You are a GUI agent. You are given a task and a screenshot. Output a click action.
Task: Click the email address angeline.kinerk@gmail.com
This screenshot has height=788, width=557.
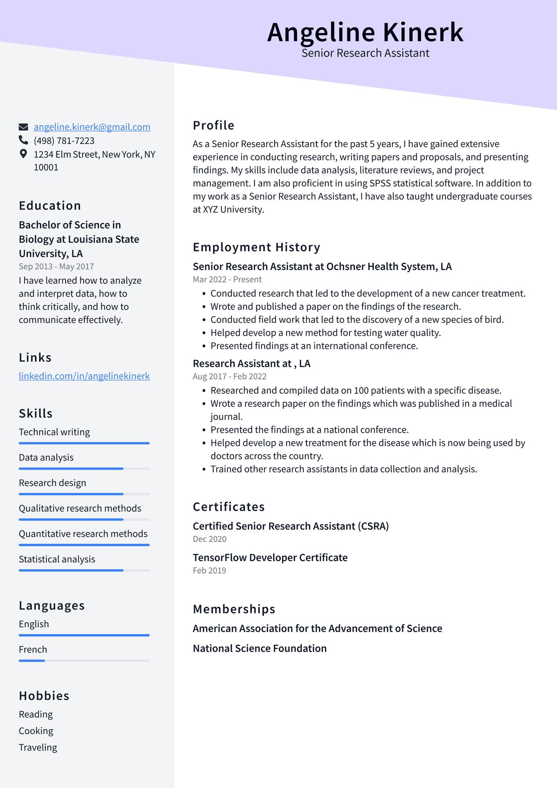[x=92, y=127]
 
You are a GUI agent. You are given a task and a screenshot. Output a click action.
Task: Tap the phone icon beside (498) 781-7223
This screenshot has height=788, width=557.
[x=23, y=140]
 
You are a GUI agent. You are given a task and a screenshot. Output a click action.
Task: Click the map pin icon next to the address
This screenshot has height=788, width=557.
[x=23, y=154]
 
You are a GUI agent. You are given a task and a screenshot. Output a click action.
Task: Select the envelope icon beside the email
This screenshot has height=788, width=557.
[x=23, y=127]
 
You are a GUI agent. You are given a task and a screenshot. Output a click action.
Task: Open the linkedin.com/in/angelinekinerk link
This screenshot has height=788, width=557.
[x=84, y=376]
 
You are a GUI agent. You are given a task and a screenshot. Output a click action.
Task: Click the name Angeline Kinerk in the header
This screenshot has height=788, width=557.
[x=365, y=32]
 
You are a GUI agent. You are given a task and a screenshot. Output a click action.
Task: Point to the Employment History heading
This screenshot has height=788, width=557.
[x=256, y=247]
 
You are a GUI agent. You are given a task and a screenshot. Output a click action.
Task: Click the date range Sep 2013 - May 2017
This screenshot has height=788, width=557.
[x=56, y=266]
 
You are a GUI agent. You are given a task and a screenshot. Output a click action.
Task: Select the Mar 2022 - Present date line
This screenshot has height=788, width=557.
[x=227, y=280]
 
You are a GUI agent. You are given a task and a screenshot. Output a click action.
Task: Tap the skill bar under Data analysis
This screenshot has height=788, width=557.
[x=84, y=468]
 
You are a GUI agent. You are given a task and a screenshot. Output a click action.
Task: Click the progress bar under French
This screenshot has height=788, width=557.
[x=84, y=660]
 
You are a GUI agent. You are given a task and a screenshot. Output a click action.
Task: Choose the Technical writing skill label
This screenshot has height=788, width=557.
[x=54, y=432]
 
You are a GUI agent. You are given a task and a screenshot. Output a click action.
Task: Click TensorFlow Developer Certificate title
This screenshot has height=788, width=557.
[x=270, y=557]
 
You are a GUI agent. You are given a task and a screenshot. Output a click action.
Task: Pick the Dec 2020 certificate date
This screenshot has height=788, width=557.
[x=210, y=539]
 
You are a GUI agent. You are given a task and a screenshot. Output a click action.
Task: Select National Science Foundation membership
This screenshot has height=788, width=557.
[x=259, y=648]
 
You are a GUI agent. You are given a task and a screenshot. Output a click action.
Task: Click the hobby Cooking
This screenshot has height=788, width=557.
[x=36, y=731]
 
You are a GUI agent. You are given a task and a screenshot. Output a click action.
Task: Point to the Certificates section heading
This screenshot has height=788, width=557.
[x=228, y=507]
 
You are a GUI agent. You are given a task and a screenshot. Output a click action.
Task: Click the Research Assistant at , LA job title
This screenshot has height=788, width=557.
[x=251, y=364]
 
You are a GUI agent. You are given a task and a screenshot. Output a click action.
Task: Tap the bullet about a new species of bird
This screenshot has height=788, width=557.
[x=357, y=320]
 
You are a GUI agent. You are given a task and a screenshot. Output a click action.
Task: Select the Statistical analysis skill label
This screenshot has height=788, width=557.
[x=57, y=559]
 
